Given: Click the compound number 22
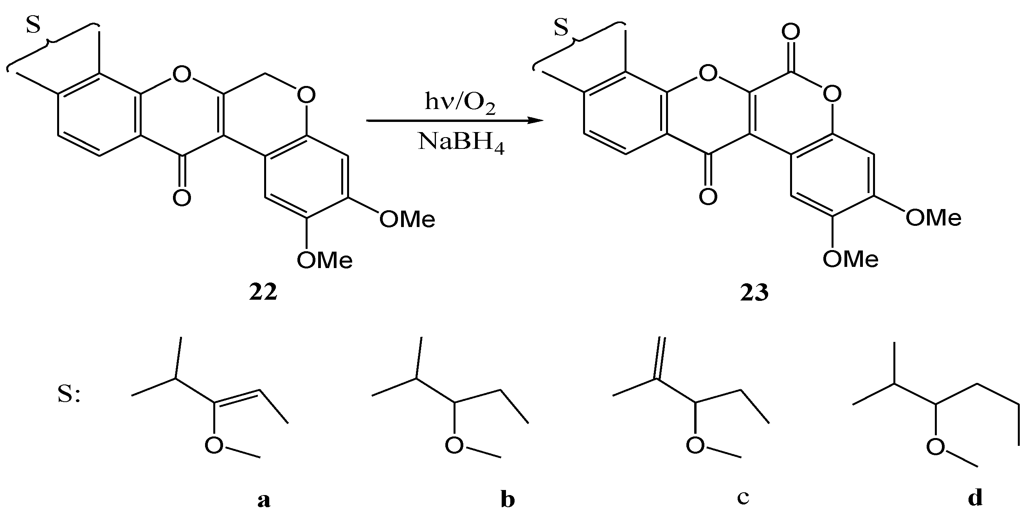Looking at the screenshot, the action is [x=263, y=293].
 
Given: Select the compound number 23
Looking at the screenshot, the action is [x=754, y=293].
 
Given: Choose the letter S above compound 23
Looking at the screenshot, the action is [x=561, y=28].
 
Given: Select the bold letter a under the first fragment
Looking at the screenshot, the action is [x=264, y=500].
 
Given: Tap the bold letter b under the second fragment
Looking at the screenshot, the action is [x=508, y=500].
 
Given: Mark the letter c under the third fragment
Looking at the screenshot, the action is [x=743, y=497].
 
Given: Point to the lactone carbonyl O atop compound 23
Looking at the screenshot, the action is [x=790, y=32].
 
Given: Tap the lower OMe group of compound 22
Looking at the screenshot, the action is [x=324, y=260].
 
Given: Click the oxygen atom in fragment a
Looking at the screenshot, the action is [x=214, y=445].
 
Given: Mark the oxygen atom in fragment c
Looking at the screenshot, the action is [x=695, y=445].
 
